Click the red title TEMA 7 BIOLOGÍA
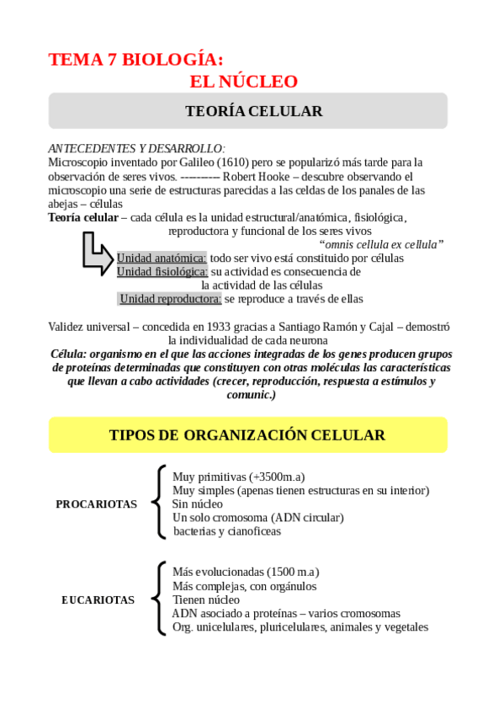point(135,60)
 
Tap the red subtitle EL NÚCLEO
point(244,82)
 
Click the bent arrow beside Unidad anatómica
point(98,252)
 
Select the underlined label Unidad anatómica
point(161,258)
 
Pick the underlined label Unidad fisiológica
point(162,272)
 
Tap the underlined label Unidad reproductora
point(170,299)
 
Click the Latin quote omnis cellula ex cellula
point(381,244)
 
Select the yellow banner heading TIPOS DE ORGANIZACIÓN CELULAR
point(247,435)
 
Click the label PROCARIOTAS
point(96,504)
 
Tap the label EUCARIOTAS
point(98,600)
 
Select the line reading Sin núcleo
point(197,504)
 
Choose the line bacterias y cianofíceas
point(227,531)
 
